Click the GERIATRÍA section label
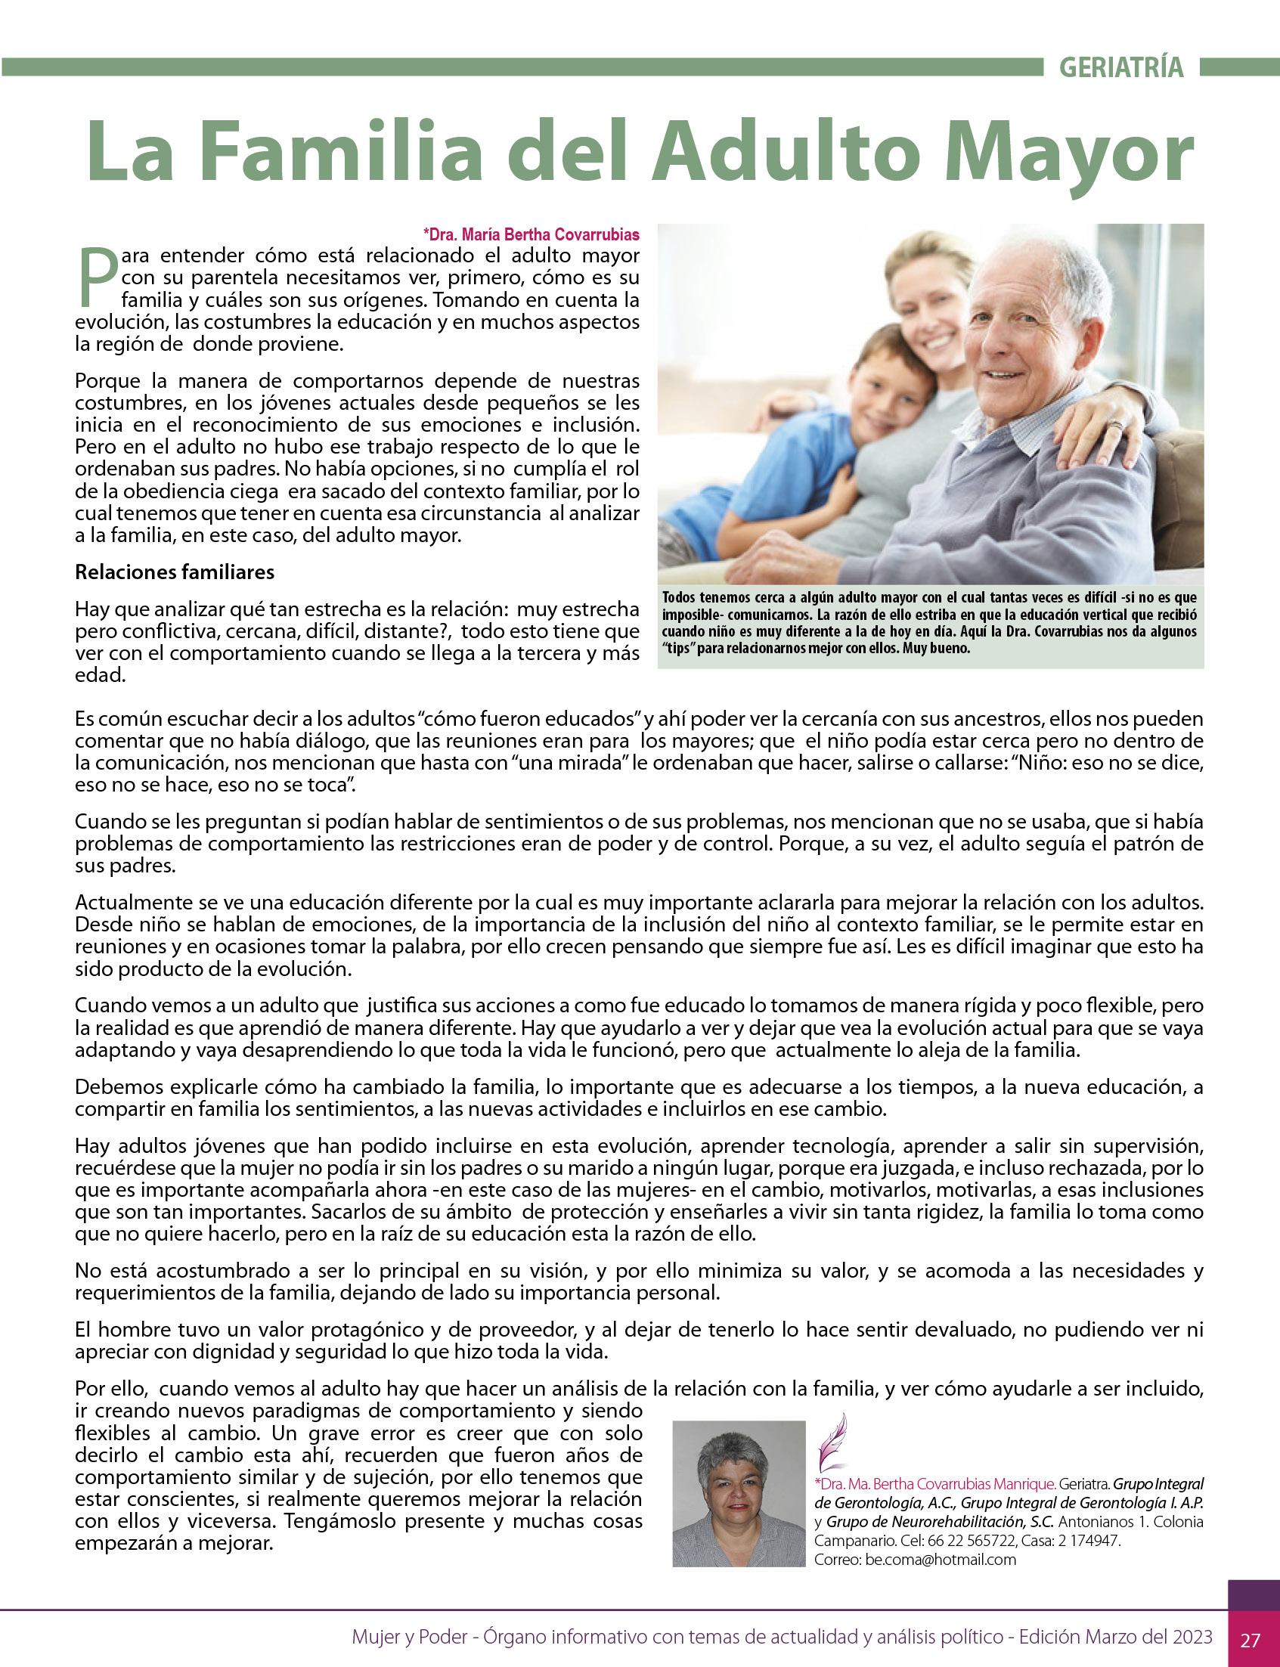pyautogui.click(x=1120, y=68)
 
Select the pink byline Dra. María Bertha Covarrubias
pyautogui.click(x=532, y=234)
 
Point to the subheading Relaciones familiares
pyautogui.click(x=175, y=572)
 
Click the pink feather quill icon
pyautogui.click(x=831, y=1442)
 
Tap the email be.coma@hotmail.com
pyautogui.click(x=941, y=1559)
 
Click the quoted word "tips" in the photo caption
pyautogui.click(x=678, y=649)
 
